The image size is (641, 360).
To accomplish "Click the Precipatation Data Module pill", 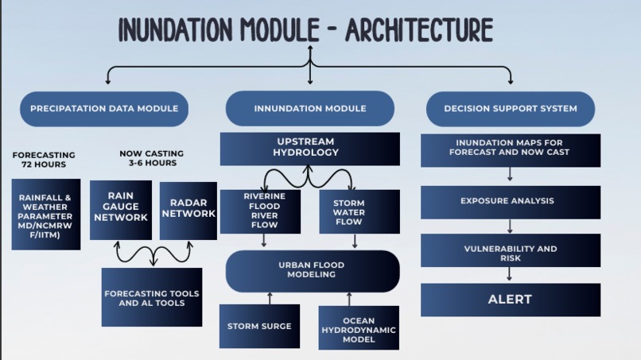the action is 104,109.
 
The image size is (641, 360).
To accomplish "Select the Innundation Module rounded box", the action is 310,108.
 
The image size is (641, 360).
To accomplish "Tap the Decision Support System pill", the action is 511,109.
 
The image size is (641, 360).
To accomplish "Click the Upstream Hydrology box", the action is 310,149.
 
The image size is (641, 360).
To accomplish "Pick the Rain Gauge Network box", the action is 121,210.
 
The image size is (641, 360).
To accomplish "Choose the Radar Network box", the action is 188,211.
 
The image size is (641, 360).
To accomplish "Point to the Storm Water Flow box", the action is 359,211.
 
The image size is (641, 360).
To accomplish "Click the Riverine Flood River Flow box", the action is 260,211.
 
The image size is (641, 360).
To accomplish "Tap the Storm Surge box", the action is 259,326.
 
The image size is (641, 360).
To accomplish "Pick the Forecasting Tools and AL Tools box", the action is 152,297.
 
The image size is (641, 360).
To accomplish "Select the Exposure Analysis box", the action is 511,203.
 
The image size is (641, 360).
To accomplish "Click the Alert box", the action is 511,300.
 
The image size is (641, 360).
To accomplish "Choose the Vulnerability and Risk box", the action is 511,250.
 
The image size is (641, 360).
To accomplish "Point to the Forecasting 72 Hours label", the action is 44,160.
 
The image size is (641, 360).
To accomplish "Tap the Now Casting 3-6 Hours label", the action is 152,158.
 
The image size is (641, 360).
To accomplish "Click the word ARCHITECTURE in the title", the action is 419,29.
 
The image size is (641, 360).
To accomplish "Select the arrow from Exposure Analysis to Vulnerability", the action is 510,226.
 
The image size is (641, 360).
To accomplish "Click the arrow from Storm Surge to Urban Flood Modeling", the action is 270,298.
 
